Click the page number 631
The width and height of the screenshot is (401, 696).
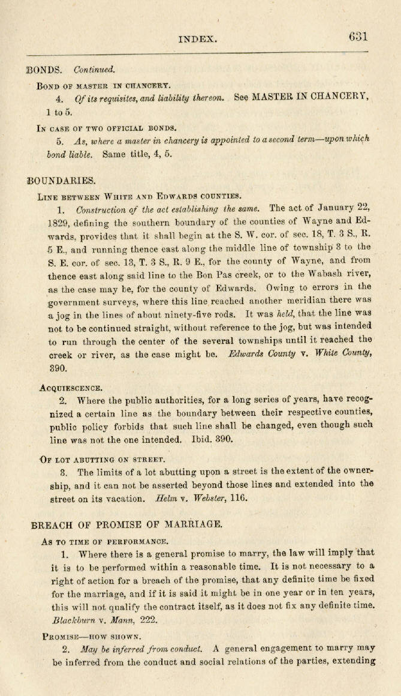tap(358, 36)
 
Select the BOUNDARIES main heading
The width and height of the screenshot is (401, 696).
tap(62, 179)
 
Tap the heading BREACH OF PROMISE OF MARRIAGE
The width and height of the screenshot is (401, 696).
tap(126, 524)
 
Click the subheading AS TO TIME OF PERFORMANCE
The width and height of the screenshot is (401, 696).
tap(105, 541)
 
